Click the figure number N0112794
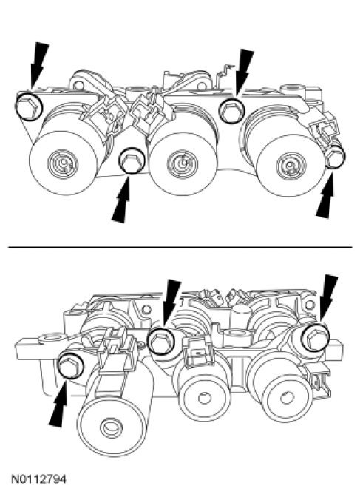pyautogui.click(x=39, y=479)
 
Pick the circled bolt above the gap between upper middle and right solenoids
pyautogui.click(x=232, y=110)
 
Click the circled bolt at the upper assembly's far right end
pyautogui.click(x=335, y=157)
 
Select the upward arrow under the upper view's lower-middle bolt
pyautogui.click(x=121, y=199)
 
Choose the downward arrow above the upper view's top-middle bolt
pyautogui.click(x=245, y=72)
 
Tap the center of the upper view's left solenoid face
pyautogui.click(x=63, y=163)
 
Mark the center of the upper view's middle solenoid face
pyautogui.click(x=183, y=163)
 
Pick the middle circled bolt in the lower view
pyautogui.click(x=160, y=341)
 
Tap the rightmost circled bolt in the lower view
pyautogui.click(x=315, y=337)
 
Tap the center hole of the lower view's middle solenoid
pyautogui.click(x=204, y=398)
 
